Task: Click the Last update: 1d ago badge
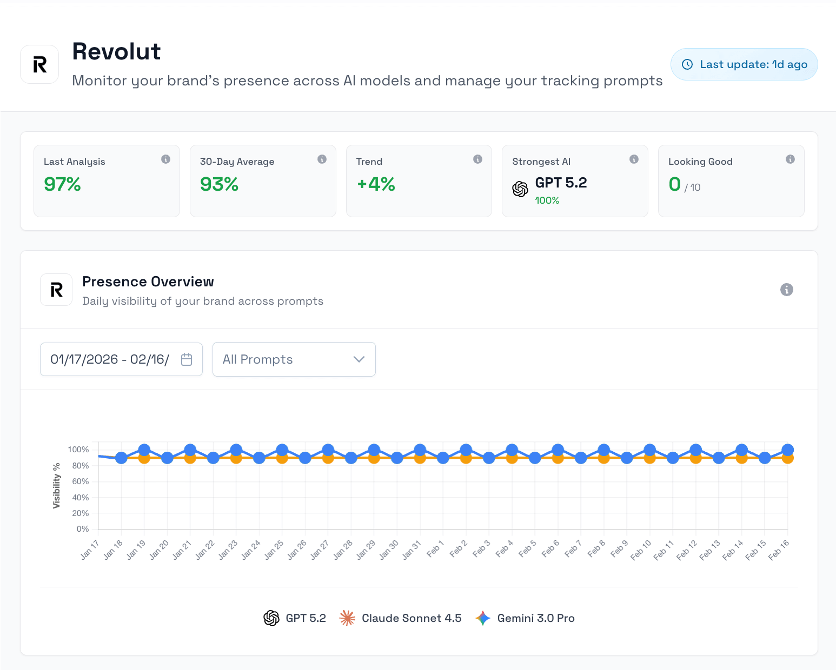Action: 744,64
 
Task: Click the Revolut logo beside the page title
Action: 39,64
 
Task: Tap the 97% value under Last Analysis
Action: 62,184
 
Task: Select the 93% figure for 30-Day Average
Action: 219,184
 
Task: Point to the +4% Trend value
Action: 376,184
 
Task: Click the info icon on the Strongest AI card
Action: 634,159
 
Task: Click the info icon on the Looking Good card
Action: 790,159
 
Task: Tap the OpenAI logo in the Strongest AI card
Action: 520,189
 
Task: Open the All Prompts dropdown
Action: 294,359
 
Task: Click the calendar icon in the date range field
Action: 187,359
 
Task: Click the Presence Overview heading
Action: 148,282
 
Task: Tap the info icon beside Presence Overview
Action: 786,290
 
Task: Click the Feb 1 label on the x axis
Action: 435,549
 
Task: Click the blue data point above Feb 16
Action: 787,450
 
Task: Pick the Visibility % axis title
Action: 56,485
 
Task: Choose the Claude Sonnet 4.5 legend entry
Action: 401,618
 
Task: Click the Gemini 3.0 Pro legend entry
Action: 525,618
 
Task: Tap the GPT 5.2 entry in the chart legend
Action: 295,618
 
